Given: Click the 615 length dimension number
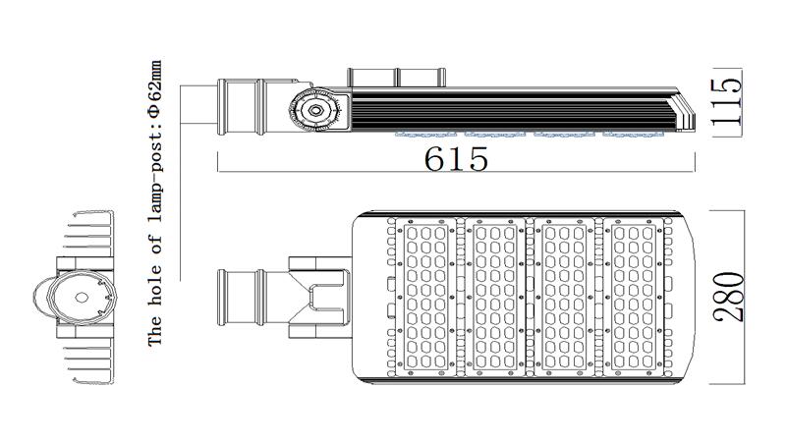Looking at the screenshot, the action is [456, 159].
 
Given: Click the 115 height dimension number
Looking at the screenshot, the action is [726, 102].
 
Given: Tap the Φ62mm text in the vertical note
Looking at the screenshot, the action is [155, 88].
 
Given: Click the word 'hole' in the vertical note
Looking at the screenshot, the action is [155, 281].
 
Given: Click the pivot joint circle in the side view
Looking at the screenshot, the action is [314, 110].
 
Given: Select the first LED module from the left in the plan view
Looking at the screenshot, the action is [425, 297].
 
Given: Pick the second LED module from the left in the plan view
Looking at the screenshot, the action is [495, 297].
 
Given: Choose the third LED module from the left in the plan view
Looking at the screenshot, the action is [564, 297].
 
